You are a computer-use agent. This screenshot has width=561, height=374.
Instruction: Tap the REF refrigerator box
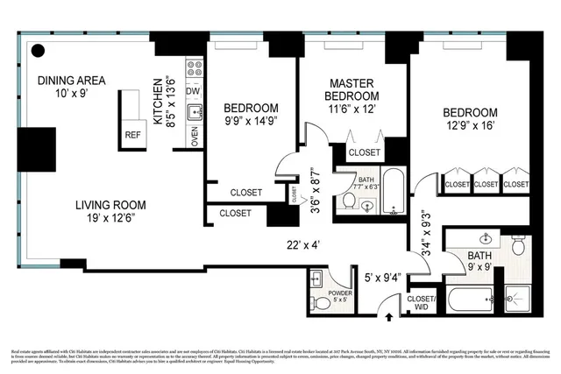(132, 136)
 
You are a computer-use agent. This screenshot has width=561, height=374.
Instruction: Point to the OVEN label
(195, 136)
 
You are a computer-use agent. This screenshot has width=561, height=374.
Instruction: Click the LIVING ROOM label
(110, 206)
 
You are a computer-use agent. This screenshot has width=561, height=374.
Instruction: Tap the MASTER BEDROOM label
(352, 88)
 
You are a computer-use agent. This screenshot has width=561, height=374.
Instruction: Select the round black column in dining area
(39, 51)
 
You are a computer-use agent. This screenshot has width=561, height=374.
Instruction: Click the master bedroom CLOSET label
(364, 152)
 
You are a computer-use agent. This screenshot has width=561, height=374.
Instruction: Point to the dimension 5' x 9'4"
(382, 279)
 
